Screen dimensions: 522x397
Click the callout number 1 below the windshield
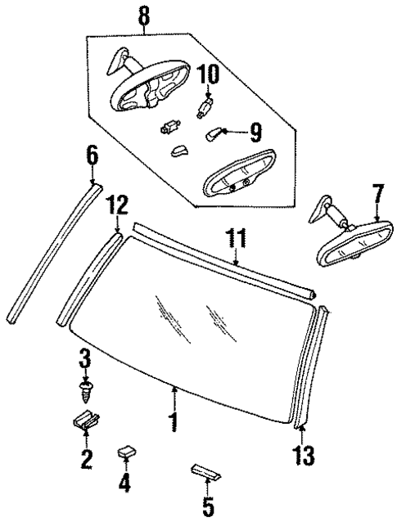[x=173, y=424]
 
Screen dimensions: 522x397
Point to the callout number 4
[x=124, y=483]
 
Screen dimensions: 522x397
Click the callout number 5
[x=208, y=506]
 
